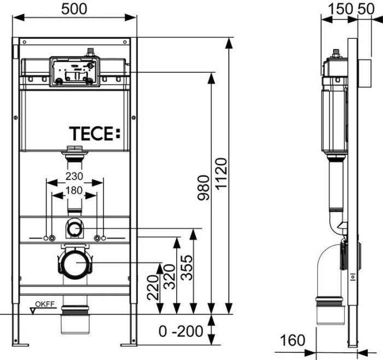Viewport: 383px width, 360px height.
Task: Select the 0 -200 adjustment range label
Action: [x=181, y=331]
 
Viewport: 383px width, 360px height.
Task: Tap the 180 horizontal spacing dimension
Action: [x=74, y=191]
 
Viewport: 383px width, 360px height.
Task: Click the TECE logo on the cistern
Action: [x=93, y=133]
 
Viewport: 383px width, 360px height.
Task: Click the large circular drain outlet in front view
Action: [x=74, y=263]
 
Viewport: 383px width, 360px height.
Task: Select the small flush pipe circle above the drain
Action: [x=74, y=228]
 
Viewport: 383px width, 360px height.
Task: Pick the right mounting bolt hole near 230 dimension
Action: [x=98, y=238]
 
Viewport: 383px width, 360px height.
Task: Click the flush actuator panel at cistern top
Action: [x=74, y=71]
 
